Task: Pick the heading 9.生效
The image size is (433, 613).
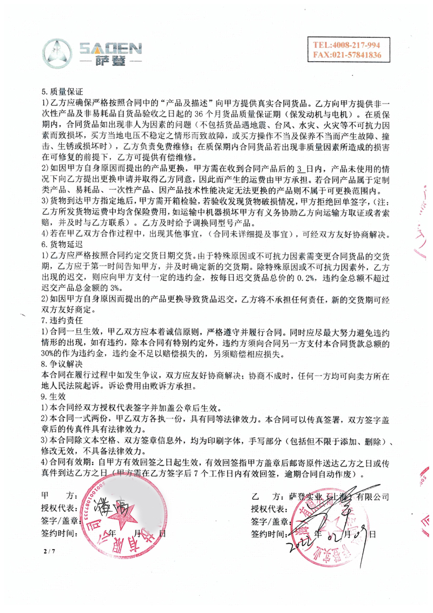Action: (x=54, y=397)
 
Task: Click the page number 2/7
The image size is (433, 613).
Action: (x=49, y=551)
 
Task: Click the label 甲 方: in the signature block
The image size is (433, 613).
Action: (x=60, y=496)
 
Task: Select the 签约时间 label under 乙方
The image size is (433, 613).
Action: (x=268, y=533)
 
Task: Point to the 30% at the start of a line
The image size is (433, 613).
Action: (x=50, y=353)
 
